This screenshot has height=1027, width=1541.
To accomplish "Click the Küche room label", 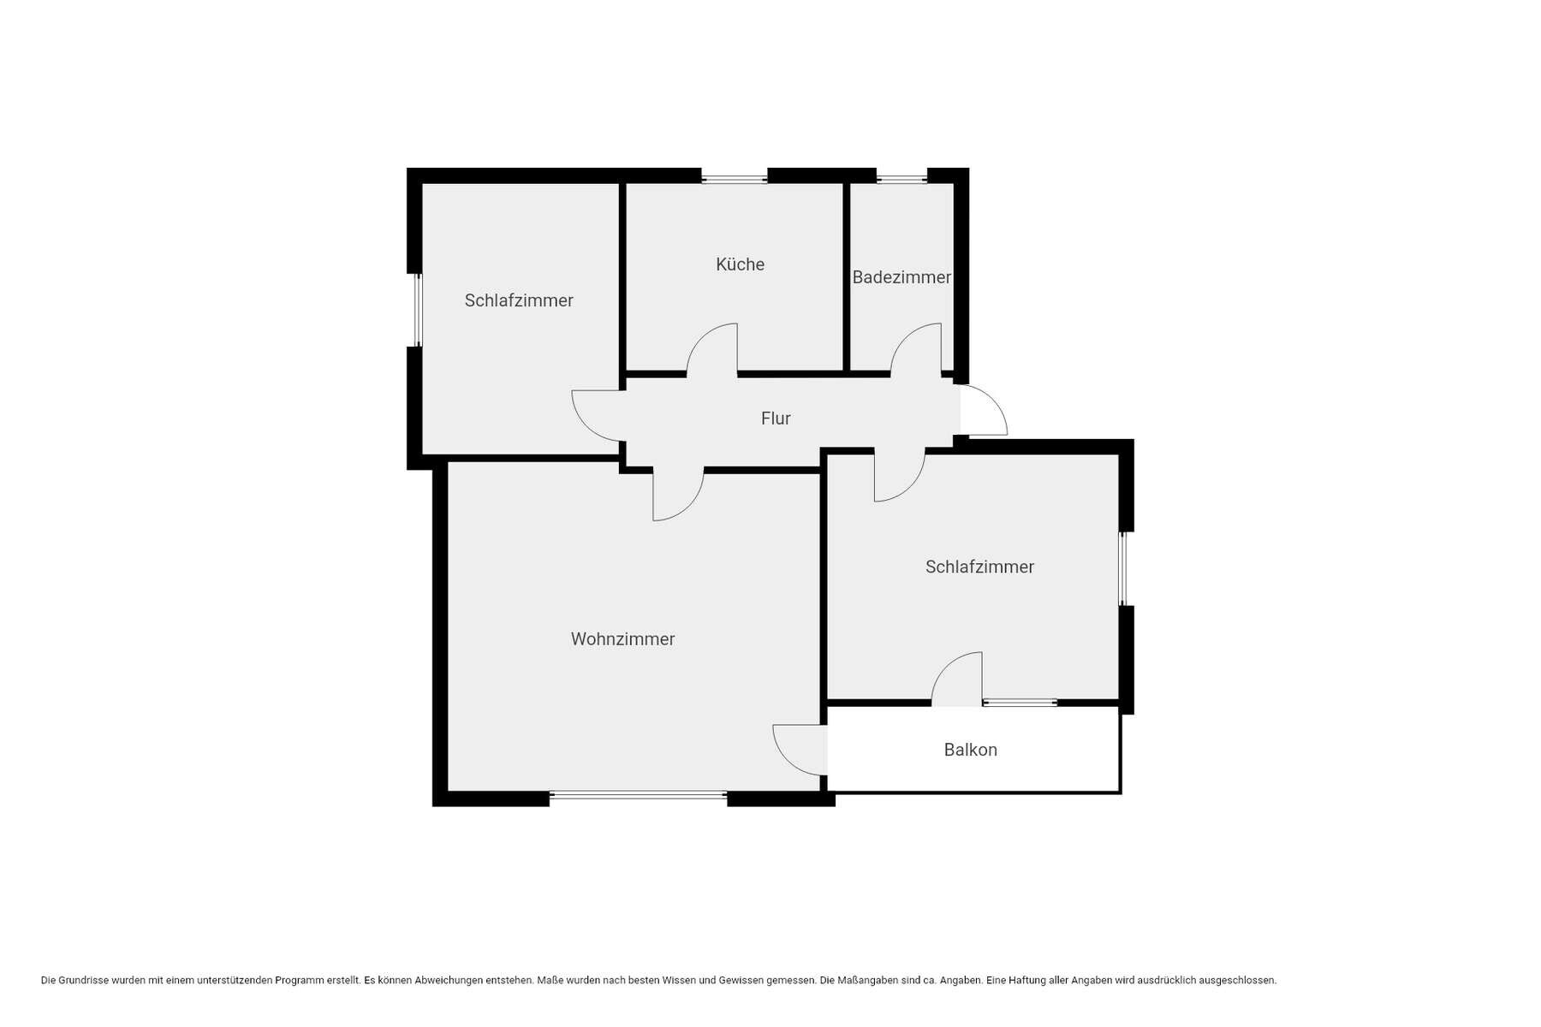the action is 740,264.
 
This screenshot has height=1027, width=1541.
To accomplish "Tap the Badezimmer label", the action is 901,277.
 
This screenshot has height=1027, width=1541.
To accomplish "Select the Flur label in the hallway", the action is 776,419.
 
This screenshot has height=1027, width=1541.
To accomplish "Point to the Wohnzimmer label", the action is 622,639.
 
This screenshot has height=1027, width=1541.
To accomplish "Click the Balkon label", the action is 970,750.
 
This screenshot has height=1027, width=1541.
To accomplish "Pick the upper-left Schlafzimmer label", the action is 519,300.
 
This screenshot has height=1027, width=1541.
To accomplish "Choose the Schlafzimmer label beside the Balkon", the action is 979,567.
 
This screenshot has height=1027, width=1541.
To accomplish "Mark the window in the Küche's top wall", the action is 735,179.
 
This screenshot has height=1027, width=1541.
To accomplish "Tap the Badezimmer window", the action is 901,179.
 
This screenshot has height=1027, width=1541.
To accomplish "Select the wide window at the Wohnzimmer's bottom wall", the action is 638,796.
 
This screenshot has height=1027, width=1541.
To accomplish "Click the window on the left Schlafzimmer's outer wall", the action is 418,310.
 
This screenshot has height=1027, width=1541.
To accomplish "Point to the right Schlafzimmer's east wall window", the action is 1123,569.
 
